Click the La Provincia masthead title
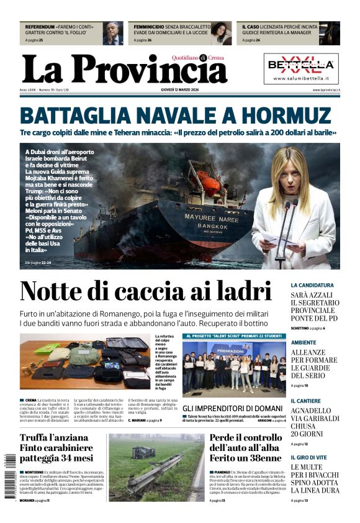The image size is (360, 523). tap(124, 70)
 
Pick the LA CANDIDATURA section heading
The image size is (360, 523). tap(312, 285)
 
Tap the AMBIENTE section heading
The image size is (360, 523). tap(304, 342)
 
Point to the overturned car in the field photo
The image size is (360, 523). tap(144, 453)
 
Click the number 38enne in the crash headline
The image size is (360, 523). tap(261, 458)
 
